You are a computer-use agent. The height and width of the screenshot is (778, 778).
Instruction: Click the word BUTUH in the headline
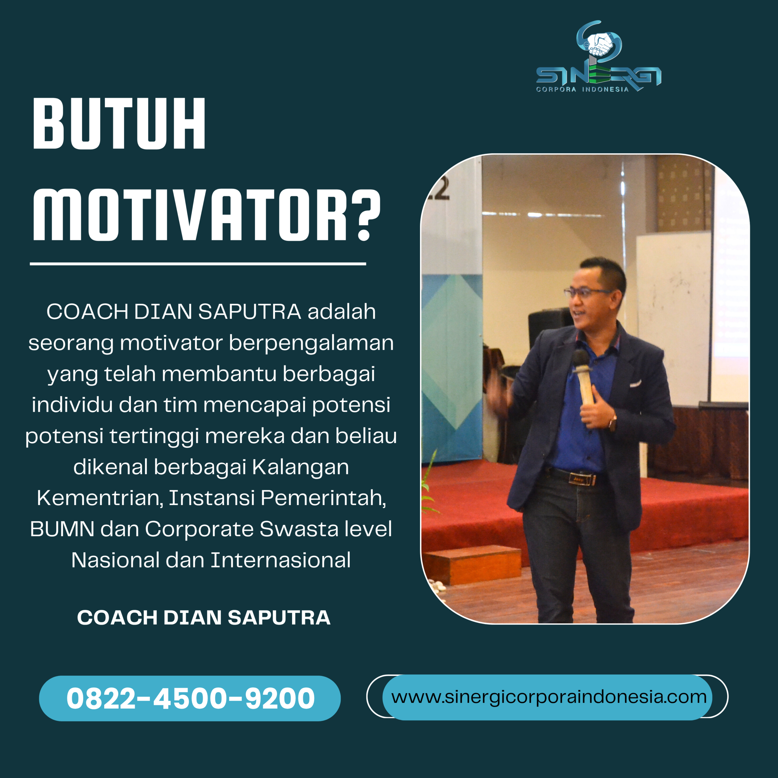pos(119,124)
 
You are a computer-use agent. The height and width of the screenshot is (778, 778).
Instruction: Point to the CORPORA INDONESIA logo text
pos(582,89)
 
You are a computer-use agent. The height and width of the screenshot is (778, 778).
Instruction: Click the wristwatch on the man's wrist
pos(613,423)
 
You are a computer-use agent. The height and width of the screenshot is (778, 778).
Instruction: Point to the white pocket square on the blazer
pos(635,383)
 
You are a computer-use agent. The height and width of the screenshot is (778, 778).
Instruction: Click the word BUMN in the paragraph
pos(62,529)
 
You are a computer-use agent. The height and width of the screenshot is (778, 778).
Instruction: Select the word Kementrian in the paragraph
pos(100,498)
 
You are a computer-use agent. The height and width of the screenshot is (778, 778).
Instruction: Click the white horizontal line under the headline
pos(198,264)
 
